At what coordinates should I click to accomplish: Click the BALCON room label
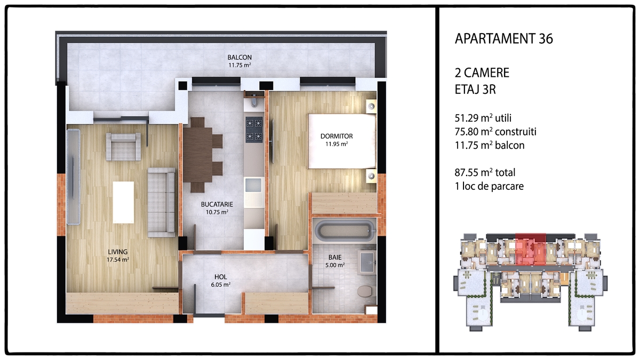click(x=239, y=58)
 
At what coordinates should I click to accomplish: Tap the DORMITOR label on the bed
click(x=337, y=137)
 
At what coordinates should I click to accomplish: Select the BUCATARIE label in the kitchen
click(x=217, y=205)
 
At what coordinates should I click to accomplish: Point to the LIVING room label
click(x=118, y=252)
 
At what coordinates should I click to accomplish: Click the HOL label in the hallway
click(x=221, y=277)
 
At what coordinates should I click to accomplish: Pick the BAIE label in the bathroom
click(x=335, y=258)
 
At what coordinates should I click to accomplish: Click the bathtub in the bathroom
click(x=345, y=231)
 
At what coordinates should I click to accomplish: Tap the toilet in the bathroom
click(x=365, y=291)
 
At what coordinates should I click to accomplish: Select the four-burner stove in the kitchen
click(x=254, y=130)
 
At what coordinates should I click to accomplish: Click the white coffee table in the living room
click(x=123, y=202)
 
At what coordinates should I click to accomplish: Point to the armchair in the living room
click(x=123, y=147)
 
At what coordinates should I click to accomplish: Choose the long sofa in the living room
click(x=162, y=202)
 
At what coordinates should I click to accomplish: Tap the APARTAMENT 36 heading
click(x=503, y=39)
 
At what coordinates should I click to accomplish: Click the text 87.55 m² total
click(x=485, y=173)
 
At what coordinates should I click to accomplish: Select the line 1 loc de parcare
click(x=489, y=186)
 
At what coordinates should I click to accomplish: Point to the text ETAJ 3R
click(x=475, y=90)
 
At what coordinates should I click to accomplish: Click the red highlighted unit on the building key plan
click(x=531, y=250)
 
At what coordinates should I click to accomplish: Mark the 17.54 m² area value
click(x=118, y=260)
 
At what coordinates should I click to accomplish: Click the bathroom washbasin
click(x=366, y=262)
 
